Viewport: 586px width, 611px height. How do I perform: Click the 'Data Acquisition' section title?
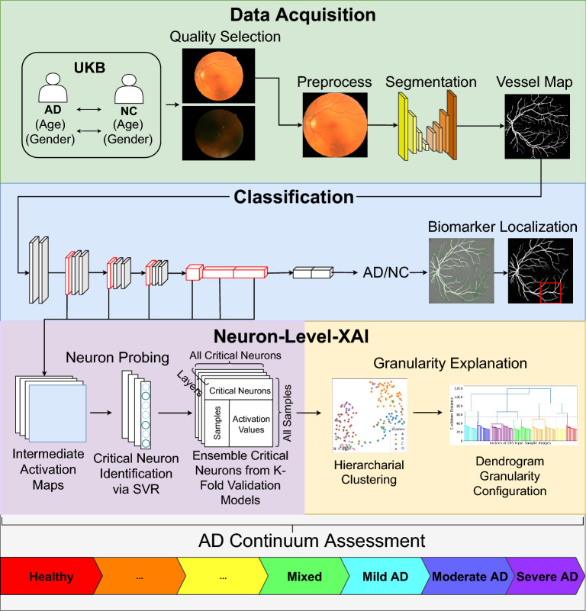(x=292, y=15)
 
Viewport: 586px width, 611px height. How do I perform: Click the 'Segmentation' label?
(x=431, y=82)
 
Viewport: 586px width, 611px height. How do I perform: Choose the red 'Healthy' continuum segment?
(x=50, y=577)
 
